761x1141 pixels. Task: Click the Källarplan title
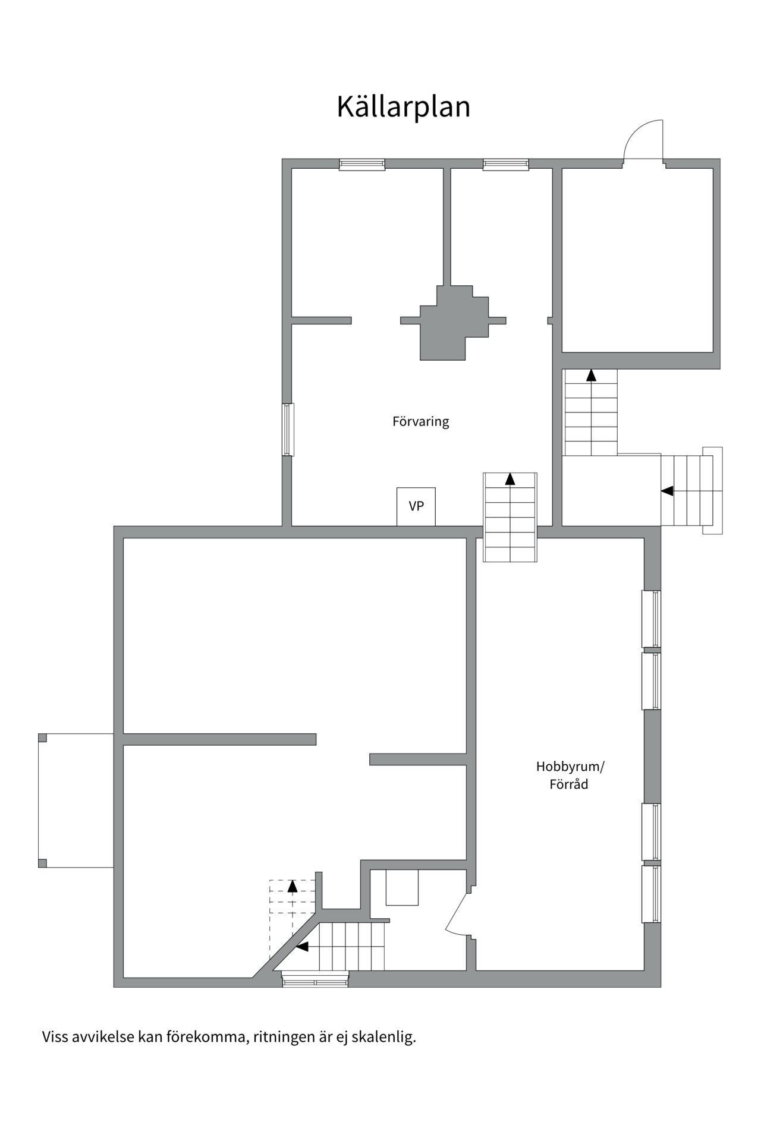coord(403,107)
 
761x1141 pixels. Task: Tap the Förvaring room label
coord(420,421)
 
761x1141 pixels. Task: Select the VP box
coord(416,506)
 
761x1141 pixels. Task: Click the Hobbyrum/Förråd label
coord(570,775)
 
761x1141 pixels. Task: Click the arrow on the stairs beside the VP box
coord(510,479)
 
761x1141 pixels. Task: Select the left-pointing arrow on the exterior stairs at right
coord(668,491)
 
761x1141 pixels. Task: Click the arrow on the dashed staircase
coord(292,887)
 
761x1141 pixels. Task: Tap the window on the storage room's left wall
coord(288,430)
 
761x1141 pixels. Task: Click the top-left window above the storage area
coord(362,165)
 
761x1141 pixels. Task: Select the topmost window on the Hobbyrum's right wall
coord(652,619)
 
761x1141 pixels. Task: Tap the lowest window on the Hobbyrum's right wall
coord(652,894)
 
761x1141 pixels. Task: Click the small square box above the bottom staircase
coord(402,888)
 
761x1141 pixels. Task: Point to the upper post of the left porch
coord(42,737)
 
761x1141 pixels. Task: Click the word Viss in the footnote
coord(55,1037)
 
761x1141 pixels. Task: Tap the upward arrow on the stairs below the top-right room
coord(591,376)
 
